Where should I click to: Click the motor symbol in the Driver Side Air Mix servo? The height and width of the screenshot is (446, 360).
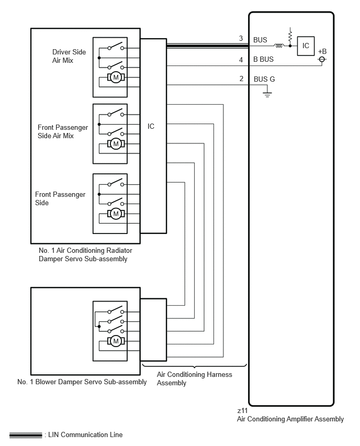click(x=116, y=77)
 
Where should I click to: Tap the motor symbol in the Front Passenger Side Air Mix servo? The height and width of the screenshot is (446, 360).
click(x=116, y=144)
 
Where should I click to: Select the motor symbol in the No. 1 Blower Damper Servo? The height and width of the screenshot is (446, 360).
click(x=116, y=341)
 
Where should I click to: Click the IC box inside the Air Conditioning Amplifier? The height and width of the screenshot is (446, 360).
click(x=306, y=46)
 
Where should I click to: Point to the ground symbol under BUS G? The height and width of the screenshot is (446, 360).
click(x=267, y=94)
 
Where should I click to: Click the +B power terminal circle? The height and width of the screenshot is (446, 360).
click(x=322, y=59)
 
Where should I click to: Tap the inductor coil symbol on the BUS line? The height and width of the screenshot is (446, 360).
click(x=279, y=46)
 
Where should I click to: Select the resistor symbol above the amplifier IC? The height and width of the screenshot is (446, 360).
click(x=290, y=36)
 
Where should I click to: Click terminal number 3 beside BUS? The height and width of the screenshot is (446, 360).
click(x=241, y=38)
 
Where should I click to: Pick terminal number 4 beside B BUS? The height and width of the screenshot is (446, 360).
click(x=241, y=60)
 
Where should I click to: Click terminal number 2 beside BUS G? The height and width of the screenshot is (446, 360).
click(x=241, y=79)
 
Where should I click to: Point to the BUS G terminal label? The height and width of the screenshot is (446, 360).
click(x=264, y=79)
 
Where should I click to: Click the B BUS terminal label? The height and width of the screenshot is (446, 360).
click(x=263, y=59)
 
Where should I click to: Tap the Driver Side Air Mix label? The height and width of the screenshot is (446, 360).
click(x=69, y=56)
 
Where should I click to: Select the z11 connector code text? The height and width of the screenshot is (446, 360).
click(x=242, y=410)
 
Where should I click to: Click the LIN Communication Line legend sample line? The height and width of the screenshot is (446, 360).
click(x=26, y=435)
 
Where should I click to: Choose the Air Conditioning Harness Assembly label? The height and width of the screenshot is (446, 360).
click(x=195, y=378)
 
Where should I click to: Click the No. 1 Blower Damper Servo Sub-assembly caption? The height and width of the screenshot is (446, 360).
click(x=82, y=382)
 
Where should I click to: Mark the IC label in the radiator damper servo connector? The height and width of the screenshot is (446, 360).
click(x=151, y=126)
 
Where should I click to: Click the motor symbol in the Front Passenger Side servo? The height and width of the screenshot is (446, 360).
click(x=116, y=214)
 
